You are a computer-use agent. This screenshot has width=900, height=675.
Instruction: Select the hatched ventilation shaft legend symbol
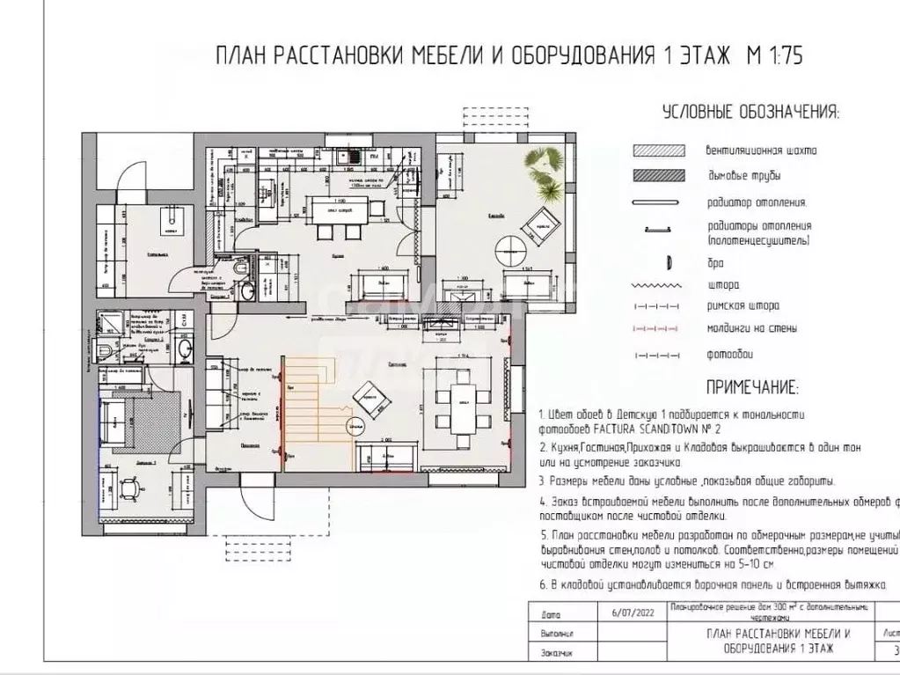(658, 150)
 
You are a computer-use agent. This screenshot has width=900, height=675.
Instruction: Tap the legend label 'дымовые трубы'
(744, 177)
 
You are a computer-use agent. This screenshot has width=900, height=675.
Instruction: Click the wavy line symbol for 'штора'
(659, 285)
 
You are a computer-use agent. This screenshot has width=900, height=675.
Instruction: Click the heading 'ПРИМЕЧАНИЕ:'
(752, 387)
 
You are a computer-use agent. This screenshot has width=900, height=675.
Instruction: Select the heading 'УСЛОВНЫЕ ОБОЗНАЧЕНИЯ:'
(750, 113)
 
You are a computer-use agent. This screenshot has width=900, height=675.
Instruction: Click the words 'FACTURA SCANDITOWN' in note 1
(633, 429)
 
